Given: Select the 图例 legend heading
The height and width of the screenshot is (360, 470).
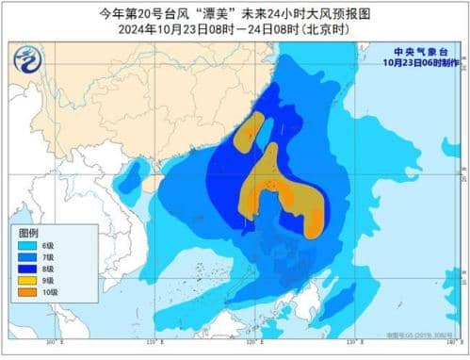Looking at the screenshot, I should tap(29, 232).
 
